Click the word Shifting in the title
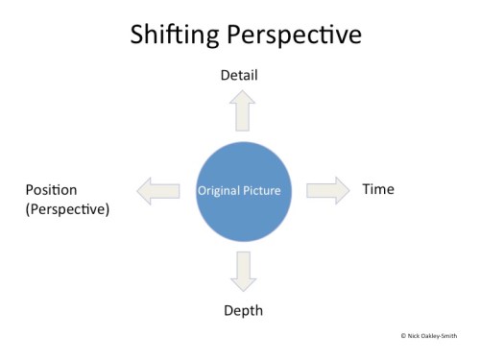(x=174, y=36)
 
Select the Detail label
(x=239, y=75)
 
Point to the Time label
(x=378, y=189)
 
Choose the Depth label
(x=243, y=310)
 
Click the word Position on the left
(x=51, y=189)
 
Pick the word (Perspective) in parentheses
(x=67, y=207)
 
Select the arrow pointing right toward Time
(x=328, y=189)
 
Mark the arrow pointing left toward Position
(x=158, y=191)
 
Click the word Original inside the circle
(x=218, y=191)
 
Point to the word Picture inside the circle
(x=262, y=191)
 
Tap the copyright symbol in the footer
(x=403, y=336)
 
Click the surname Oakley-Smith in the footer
(x=443, y=336)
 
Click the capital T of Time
(x=366, y=189)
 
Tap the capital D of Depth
(x=228, y=310)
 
